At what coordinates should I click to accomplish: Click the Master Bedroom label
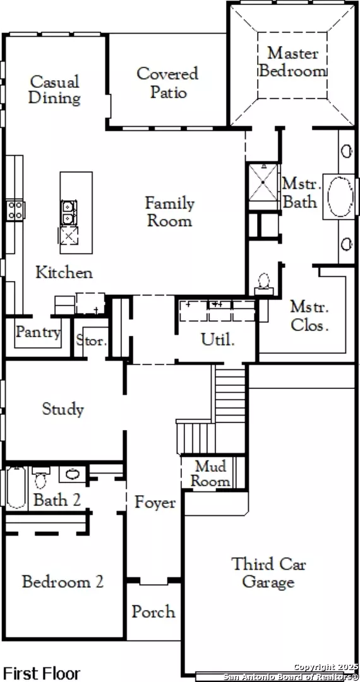292,62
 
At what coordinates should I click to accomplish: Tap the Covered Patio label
167,83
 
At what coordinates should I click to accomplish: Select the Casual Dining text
54,90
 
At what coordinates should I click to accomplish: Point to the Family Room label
169,212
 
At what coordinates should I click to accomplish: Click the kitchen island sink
68,212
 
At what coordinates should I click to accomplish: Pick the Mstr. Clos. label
309,316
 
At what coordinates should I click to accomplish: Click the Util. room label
218,339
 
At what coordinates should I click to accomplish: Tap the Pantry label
39,332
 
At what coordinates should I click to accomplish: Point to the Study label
63,409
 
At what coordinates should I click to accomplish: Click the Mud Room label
211,474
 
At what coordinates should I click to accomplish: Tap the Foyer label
155,503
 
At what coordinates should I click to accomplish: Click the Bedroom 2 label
63,581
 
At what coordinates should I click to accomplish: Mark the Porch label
153,611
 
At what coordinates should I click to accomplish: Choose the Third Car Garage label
268,572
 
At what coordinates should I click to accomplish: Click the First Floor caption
42,673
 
